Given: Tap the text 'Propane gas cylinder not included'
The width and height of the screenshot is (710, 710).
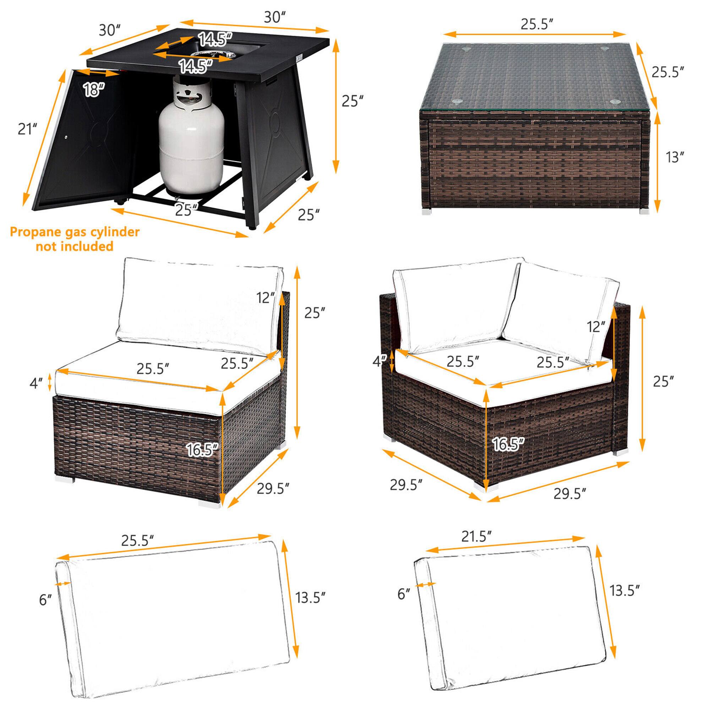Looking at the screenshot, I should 75,239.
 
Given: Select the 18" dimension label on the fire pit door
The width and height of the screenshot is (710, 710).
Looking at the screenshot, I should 94,89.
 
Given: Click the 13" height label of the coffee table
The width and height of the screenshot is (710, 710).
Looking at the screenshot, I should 674,157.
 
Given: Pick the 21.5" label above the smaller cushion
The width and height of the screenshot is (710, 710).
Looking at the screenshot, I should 476,537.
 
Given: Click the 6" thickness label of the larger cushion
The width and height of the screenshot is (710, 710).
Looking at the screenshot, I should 45,600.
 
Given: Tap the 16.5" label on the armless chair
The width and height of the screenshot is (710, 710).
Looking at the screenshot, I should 202,449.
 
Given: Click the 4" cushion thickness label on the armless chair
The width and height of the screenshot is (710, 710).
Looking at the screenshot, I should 36,383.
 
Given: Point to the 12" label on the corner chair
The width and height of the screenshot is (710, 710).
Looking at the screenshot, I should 596,326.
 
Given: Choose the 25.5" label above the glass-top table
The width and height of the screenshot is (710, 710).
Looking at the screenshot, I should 536,24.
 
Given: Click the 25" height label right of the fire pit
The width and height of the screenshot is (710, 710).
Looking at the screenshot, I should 352,101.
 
